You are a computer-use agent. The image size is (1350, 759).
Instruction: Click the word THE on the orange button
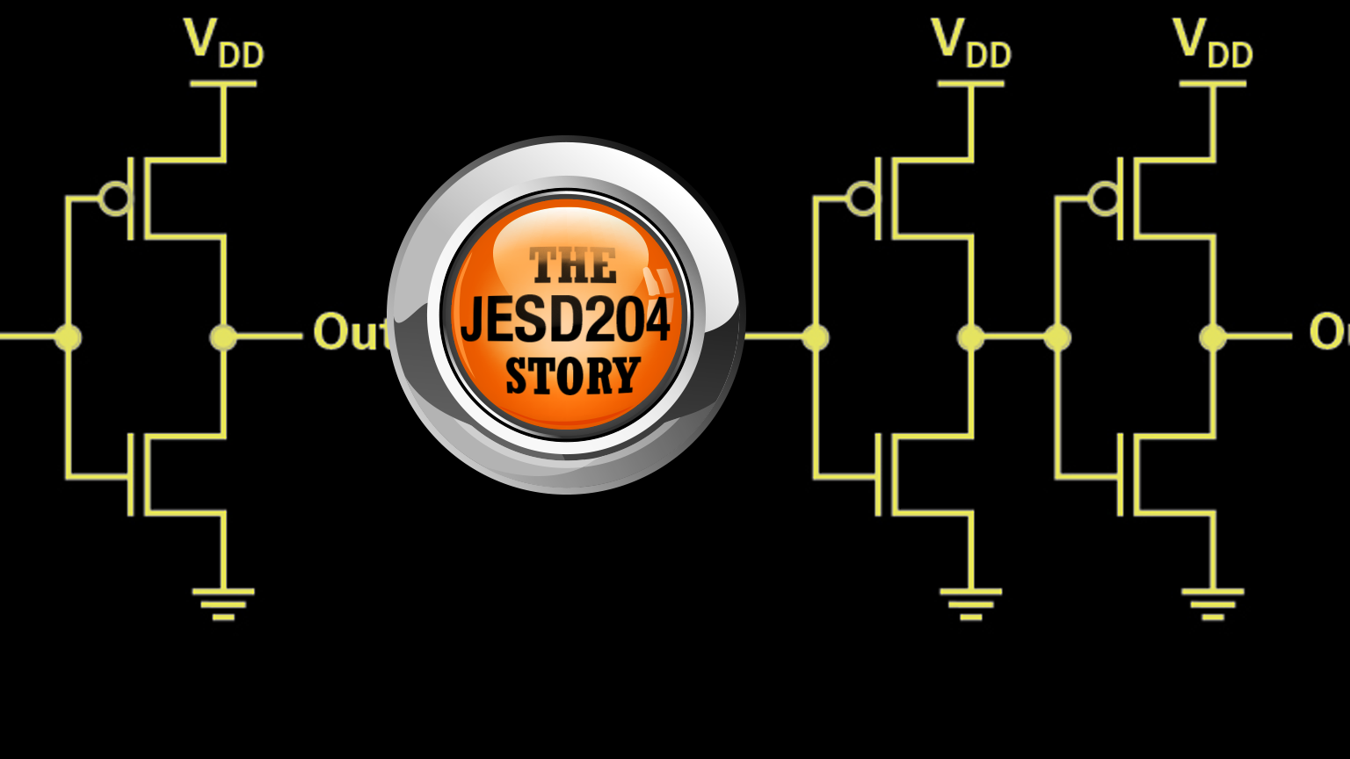coord(572,265)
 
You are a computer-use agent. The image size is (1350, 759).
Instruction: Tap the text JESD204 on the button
coord(565,320)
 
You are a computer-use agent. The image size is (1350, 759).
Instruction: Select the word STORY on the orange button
coord(572,376)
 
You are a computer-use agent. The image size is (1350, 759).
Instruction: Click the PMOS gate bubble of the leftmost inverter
coord(114,199)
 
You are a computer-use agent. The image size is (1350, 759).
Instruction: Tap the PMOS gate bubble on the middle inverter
coord(862,199)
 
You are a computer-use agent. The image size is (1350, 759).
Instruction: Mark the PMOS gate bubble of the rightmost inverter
coord(1104,199)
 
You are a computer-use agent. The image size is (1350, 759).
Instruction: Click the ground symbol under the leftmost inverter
coord(223,604)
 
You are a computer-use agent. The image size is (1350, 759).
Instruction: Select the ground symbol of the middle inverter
coord(970,604)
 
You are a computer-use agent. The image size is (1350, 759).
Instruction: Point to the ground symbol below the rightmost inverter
coord(1213,604)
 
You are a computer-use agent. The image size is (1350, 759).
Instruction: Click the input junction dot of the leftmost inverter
coord(68,336)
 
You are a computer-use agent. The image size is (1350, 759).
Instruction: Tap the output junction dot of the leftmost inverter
coord(223,336)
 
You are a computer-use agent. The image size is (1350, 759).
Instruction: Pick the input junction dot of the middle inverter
coord(816,336)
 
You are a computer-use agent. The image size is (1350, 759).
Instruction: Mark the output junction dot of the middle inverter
coord(970,336)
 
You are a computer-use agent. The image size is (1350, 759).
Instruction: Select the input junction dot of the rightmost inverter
coord(1057,336)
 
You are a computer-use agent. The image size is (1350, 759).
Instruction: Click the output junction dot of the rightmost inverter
coord(1213,336)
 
